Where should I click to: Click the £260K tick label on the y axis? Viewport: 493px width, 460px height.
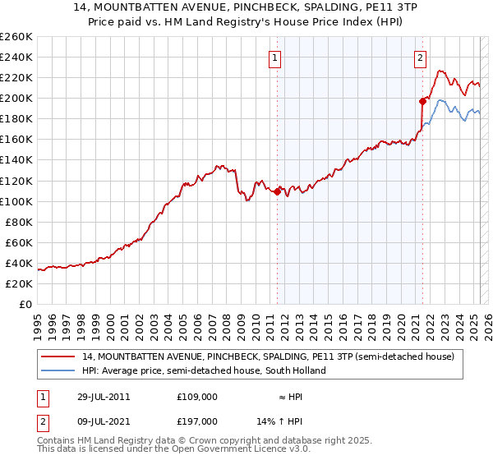[16, 37]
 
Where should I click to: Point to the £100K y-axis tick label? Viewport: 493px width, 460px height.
[16, 201]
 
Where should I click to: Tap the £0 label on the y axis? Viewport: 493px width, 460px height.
[25, 305]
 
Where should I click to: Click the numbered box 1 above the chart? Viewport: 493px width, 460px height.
[275, 57]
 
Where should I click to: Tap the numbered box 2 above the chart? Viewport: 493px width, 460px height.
[420, 57]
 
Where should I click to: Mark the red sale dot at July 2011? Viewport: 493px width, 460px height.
[277, 191]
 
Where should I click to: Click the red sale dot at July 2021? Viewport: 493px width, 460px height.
[422, 101]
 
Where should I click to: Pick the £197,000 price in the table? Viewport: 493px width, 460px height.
[197, 421]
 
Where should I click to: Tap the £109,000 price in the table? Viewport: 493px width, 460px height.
[197, 396]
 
